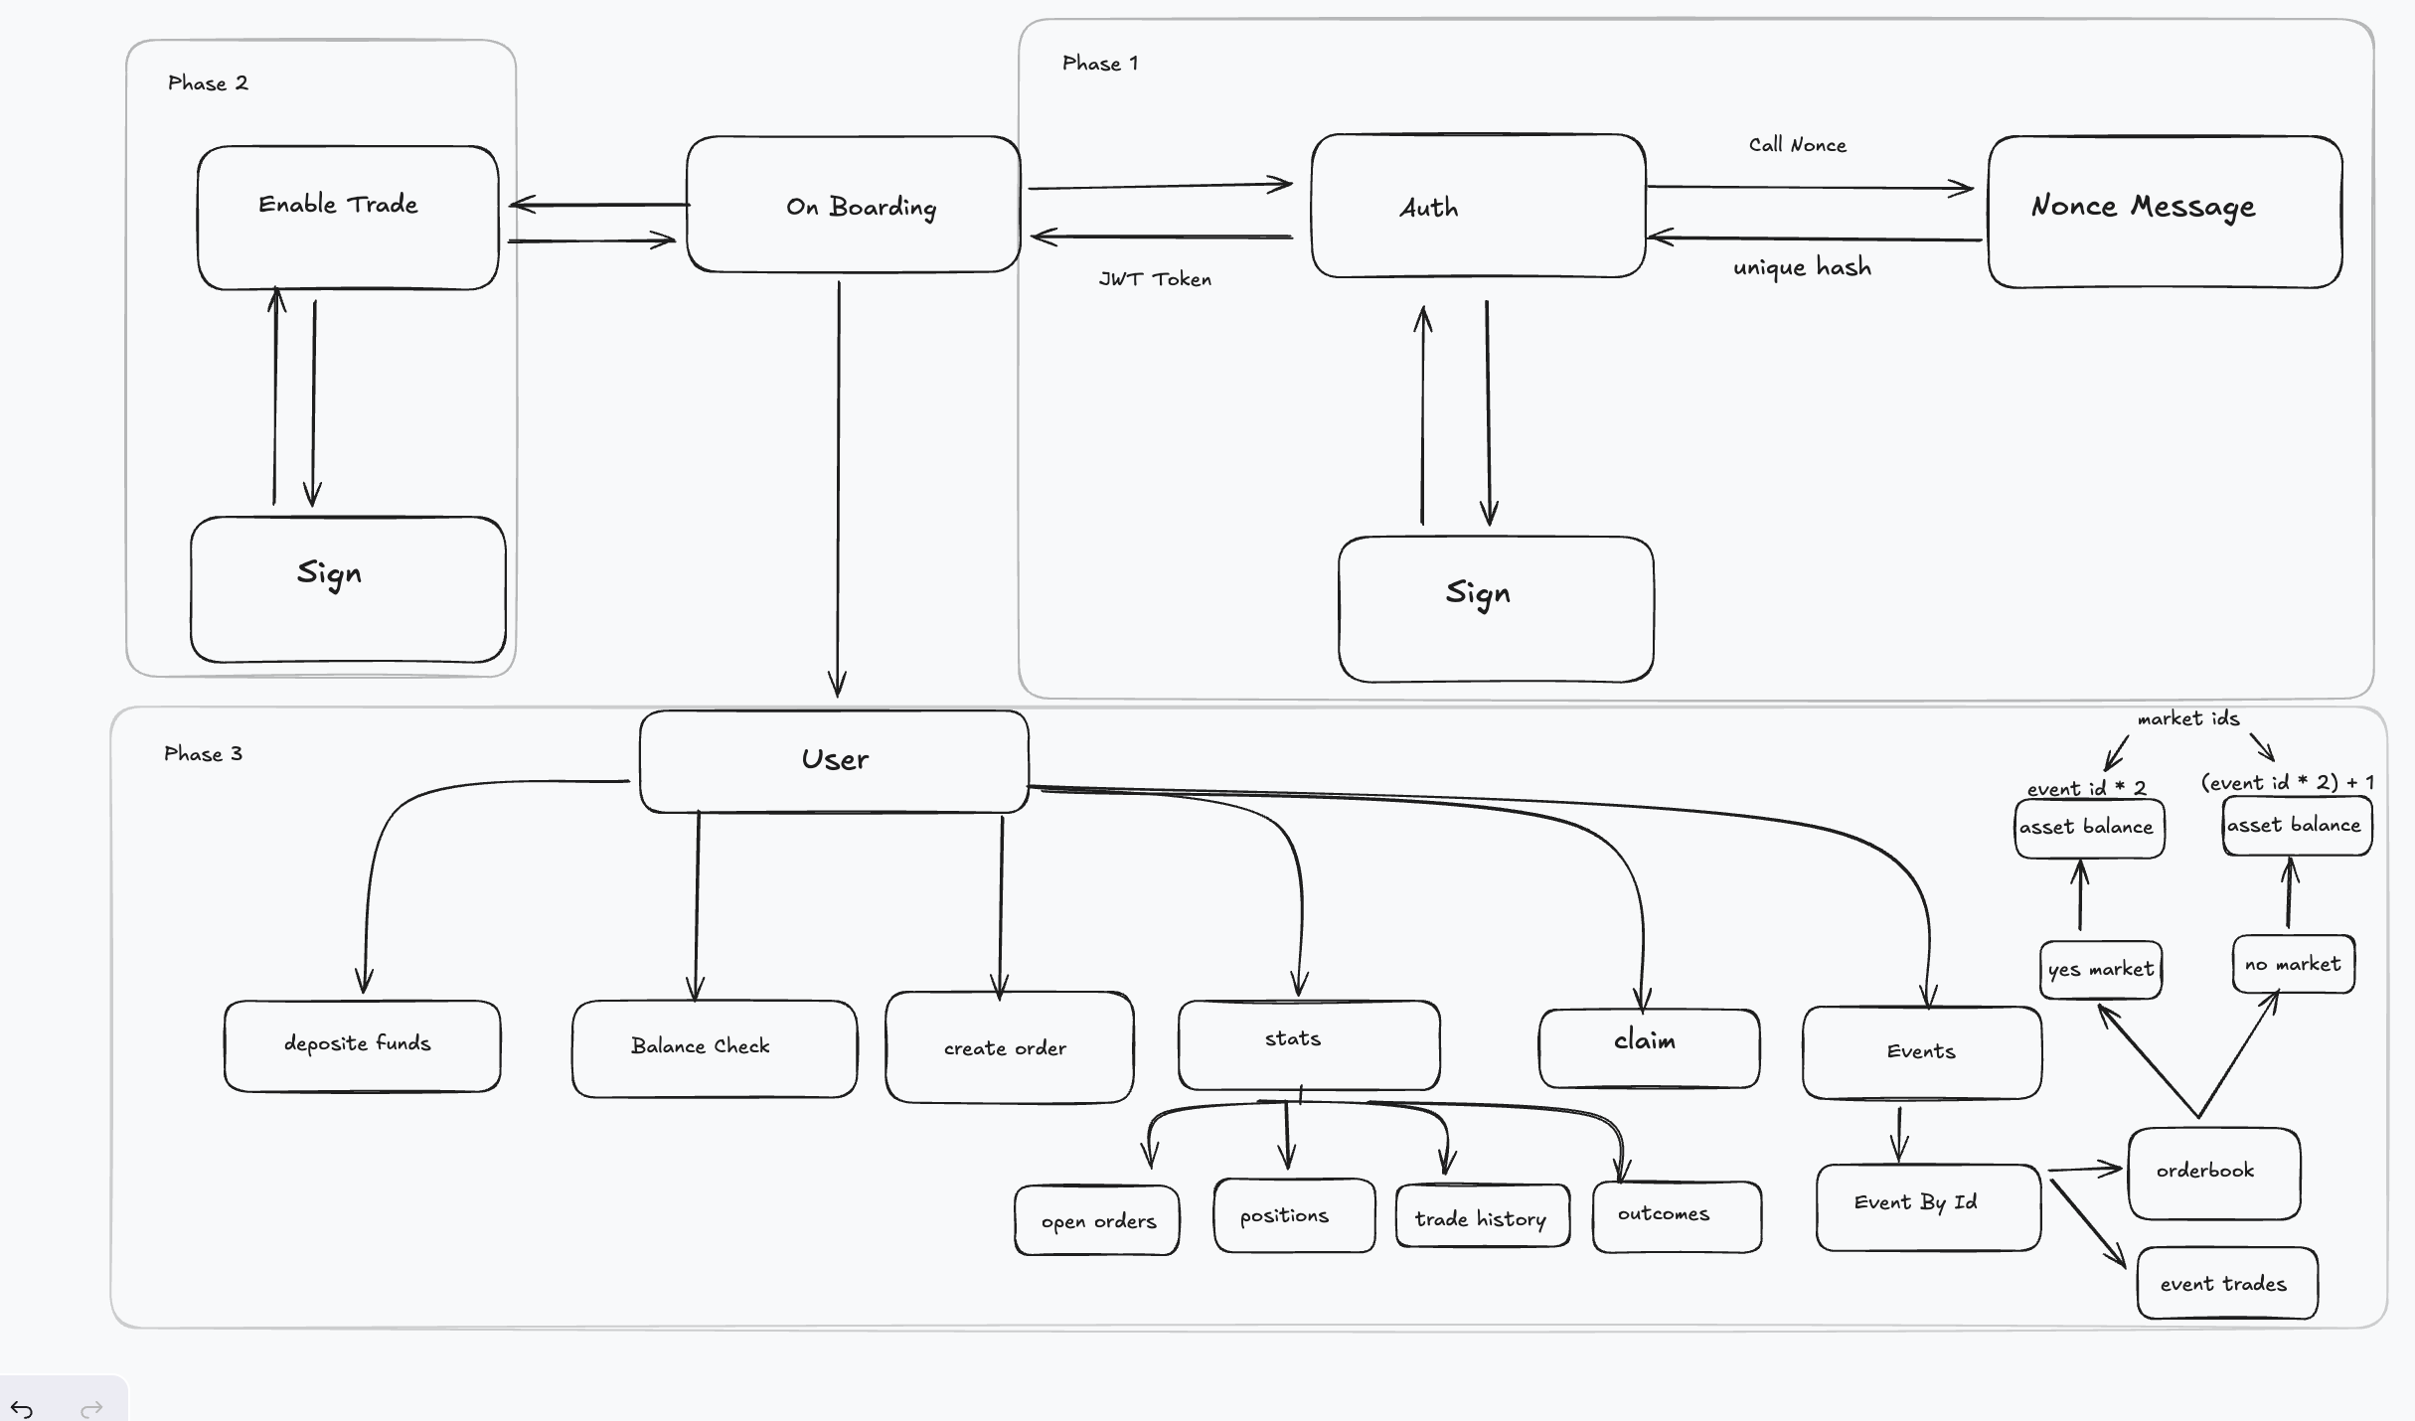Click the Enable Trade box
348,218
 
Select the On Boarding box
853,205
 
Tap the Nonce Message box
2165,212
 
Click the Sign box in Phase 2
348,589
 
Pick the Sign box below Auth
1496,609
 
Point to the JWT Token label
1155,279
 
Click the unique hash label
1802,267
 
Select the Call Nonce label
1797,145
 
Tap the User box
834,761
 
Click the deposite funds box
362,1045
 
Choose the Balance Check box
714,1048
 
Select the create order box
1009,1047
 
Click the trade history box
1482,1216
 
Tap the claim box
1649,1047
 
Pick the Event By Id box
1927,1206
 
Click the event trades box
2226,1283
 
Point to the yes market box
2100,970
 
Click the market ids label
2188,718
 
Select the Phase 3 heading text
203,754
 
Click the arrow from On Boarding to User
838,487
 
